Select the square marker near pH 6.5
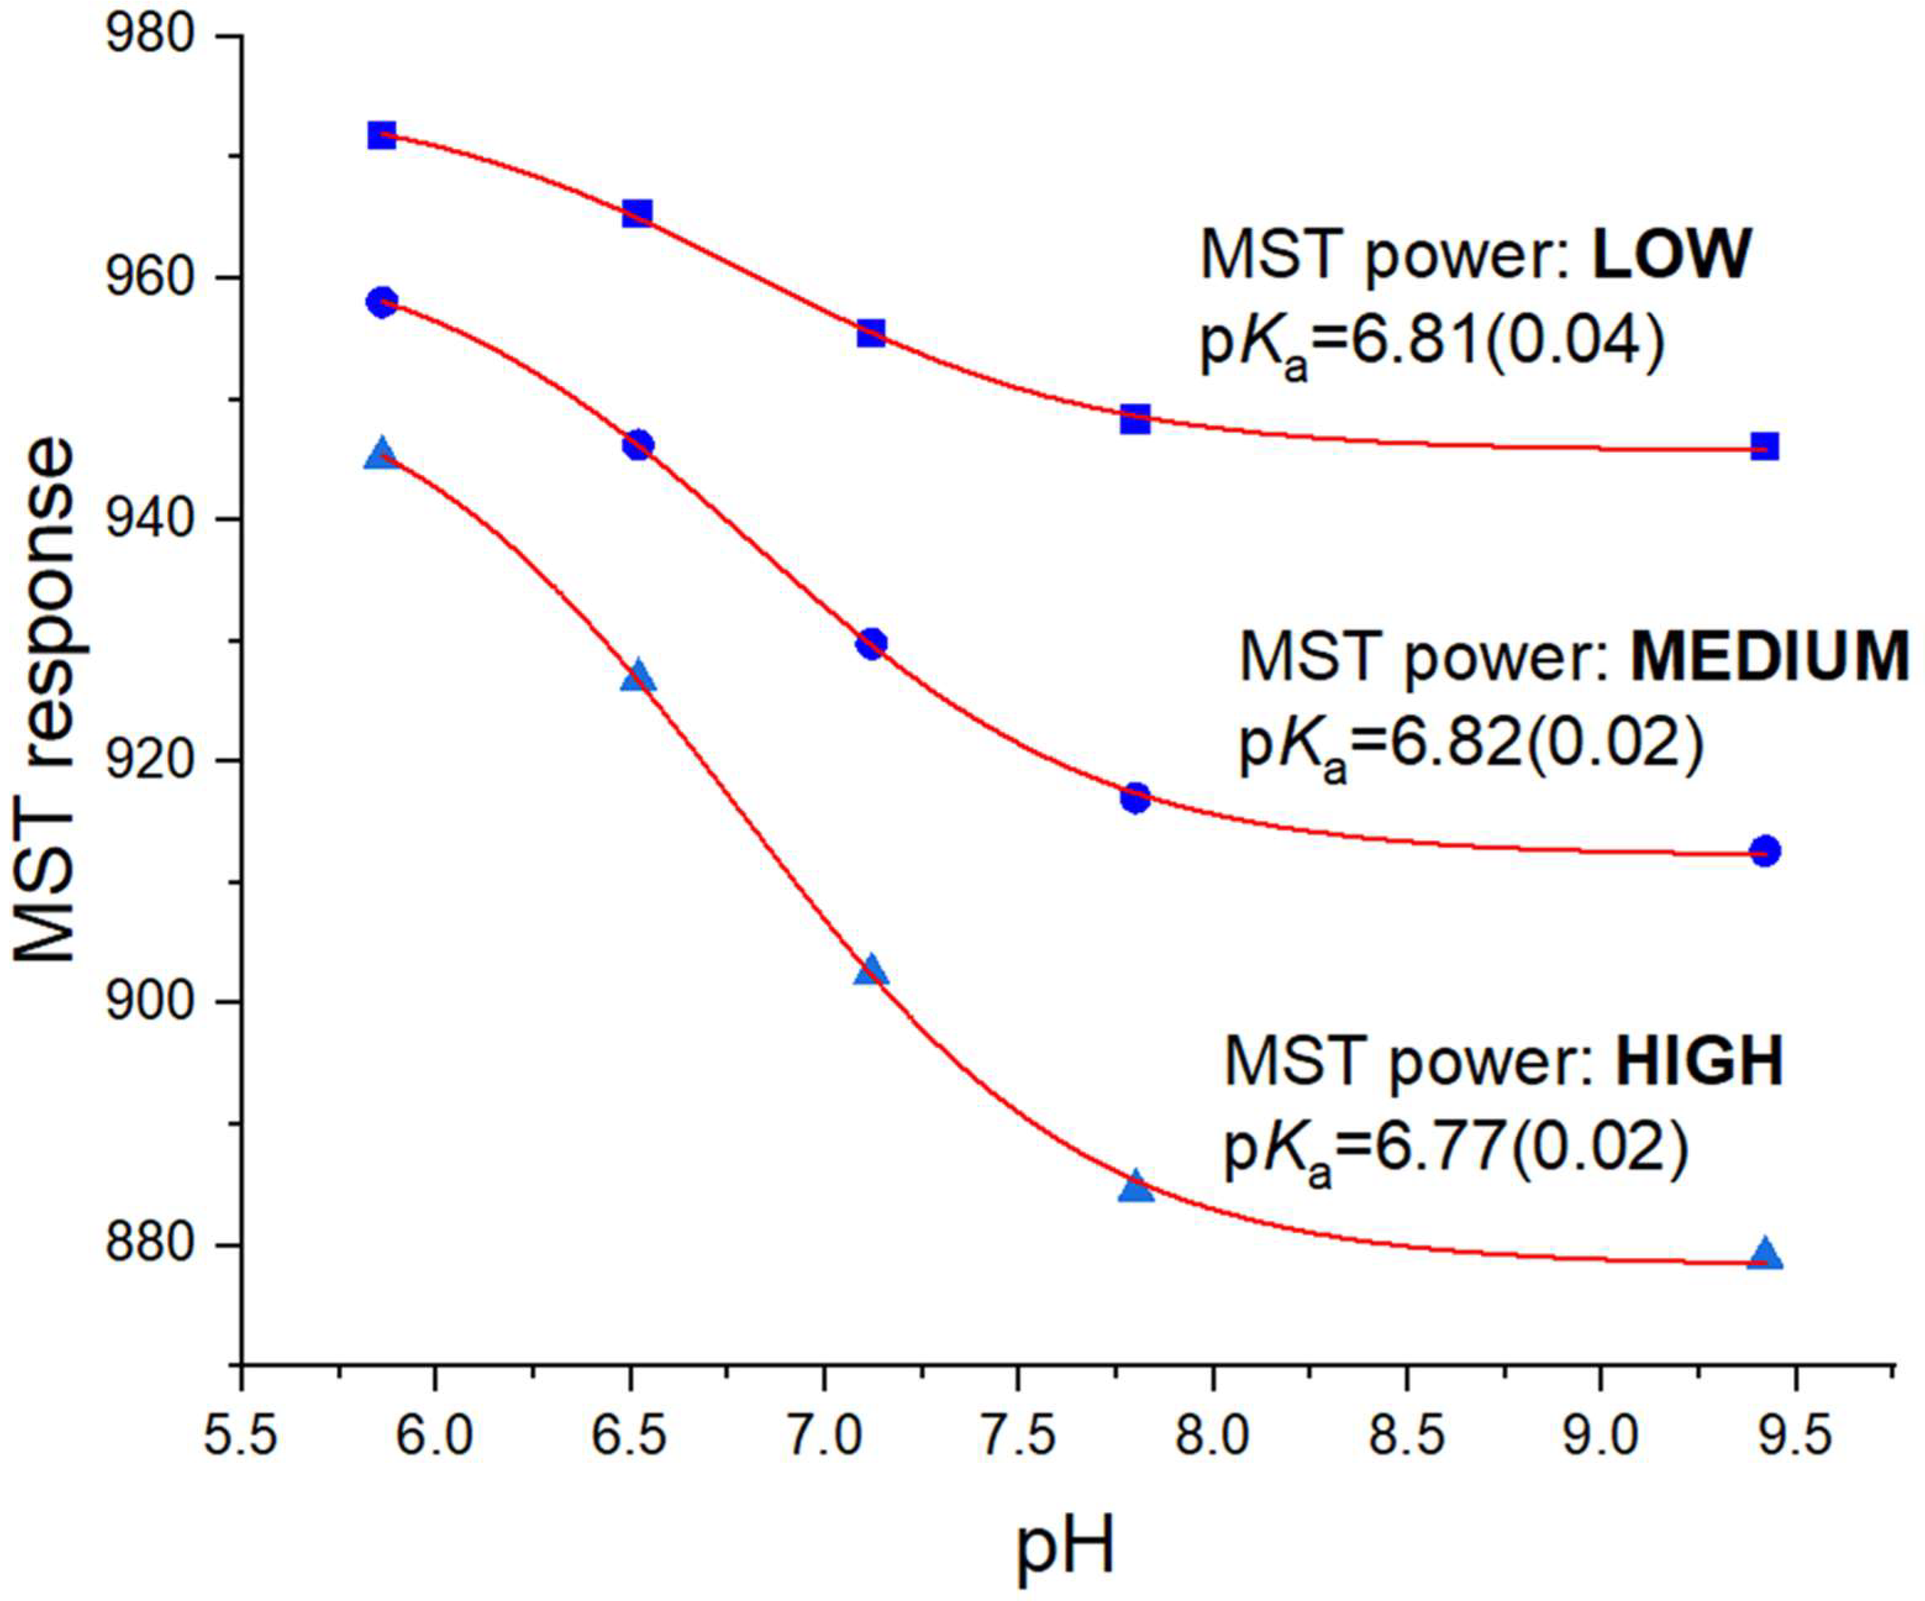637,214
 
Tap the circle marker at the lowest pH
381,302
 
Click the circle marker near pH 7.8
1135,798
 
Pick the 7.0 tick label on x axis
823,1436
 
